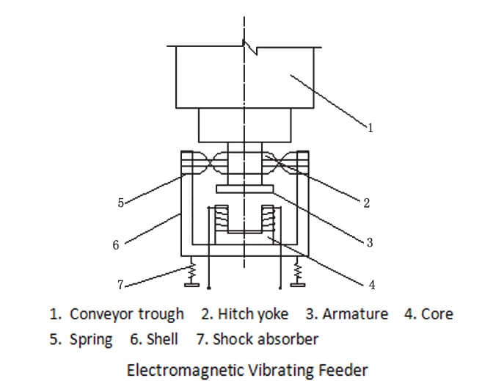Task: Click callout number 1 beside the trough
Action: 370,128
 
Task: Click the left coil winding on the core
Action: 218,219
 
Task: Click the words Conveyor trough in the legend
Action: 126,314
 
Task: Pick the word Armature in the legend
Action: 356,314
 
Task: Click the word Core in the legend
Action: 437,314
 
